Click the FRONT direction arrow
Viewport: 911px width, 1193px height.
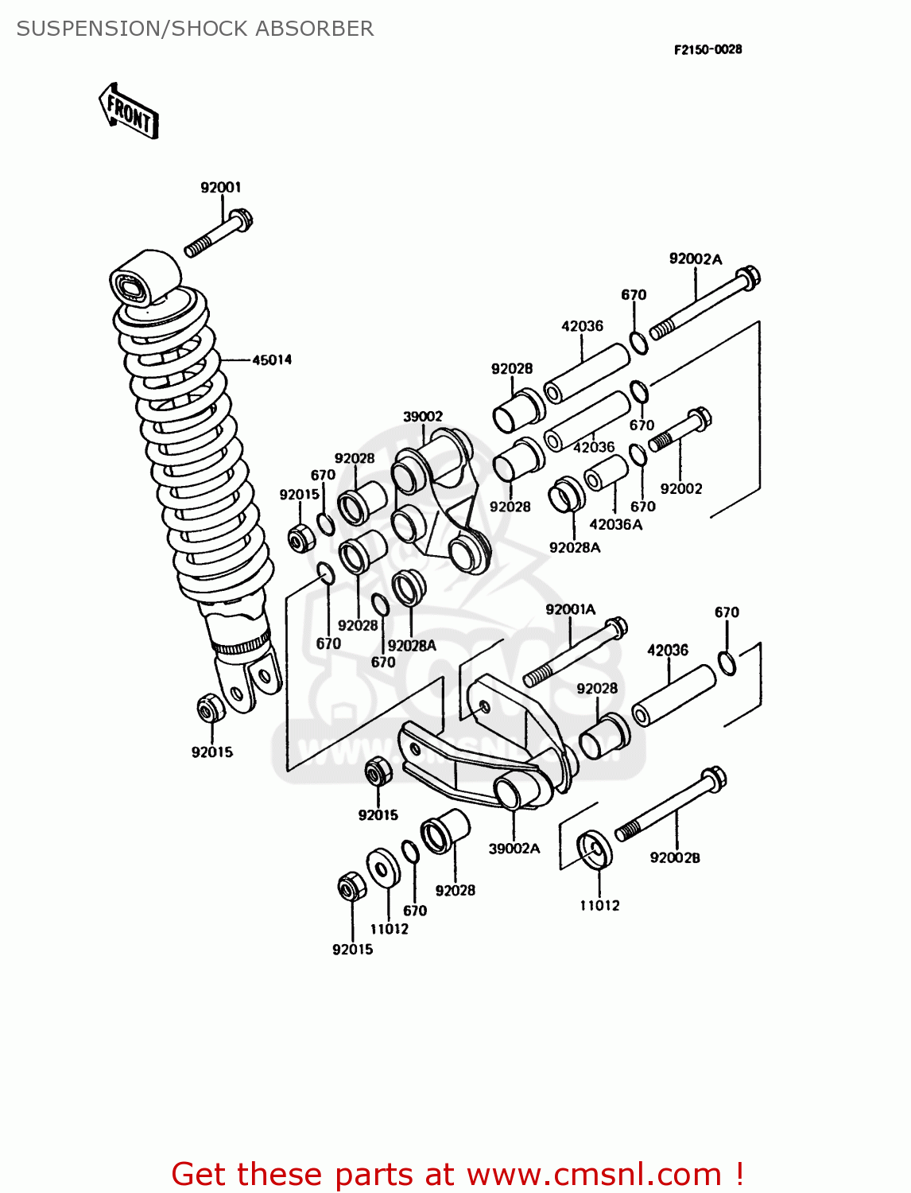pyautogui.click(x=129, y=111)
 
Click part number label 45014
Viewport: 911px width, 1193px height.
pyautogui.click(x=272, y=359)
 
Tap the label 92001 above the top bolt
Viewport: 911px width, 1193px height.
pyautogui.click(x=220, y=188)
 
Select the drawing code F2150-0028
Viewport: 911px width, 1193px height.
pyautogui.click(x=707, y=49)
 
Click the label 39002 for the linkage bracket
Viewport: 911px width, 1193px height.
pyautogui.click(x=422, y=417)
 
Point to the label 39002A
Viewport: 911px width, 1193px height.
pyautogui.click(x=514, y=849)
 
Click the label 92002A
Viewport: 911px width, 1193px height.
pyautogui.click(x=695, y=258)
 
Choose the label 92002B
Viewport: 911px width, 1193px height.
pyautogui.click(x=674, y=857)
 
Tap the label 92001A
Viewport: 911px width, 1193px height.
pyautogui.click(x=570, y=609)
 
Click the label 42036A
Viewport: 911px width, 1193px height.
pyautogui.click(x=615, y=524)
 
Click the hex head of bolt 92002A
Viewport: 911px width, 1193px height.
pyautogui.click(x=748, y=278)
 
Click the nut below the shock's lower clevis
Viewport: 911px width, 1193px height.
pyautogui.click(x=209, y=707)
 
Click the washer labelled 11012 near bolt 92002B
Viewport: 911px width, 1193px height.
pyautogui.click(x=595, y=850)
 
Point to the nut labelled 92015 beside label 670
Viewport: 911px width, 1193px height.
pyautogui.click(x=300, y=539)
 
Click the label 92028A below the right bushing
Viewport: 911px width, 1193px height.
pyautogui.click(x=574, y=547)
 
